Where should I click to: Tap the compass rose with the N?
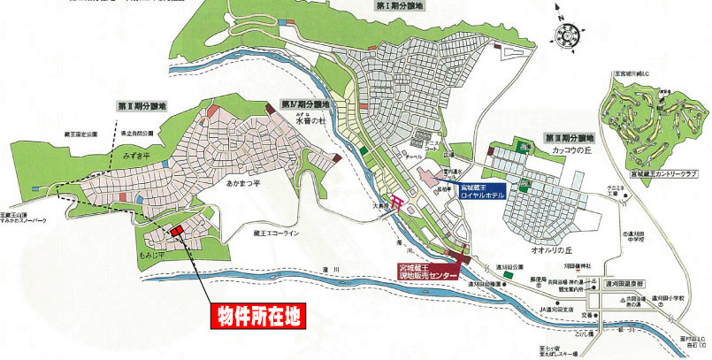tap(565, 36)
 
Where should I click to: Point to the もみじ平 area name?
tap(157, 254)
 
